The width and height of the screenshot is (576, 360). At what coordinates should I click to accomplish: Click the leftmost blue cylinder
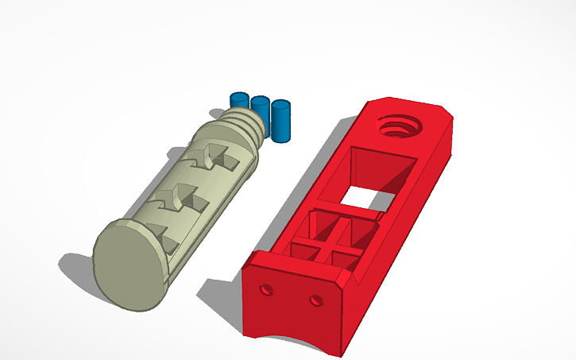pyautogui.click(x=239, y=101)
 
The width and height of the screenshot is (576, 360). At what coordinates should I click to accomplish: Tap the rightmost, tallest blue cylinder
pyautogui.click(x=280, y=120)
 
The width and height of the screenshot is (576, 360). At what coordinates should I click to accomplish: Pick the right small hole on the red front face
pyautogui.click(x=316, y=300)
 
